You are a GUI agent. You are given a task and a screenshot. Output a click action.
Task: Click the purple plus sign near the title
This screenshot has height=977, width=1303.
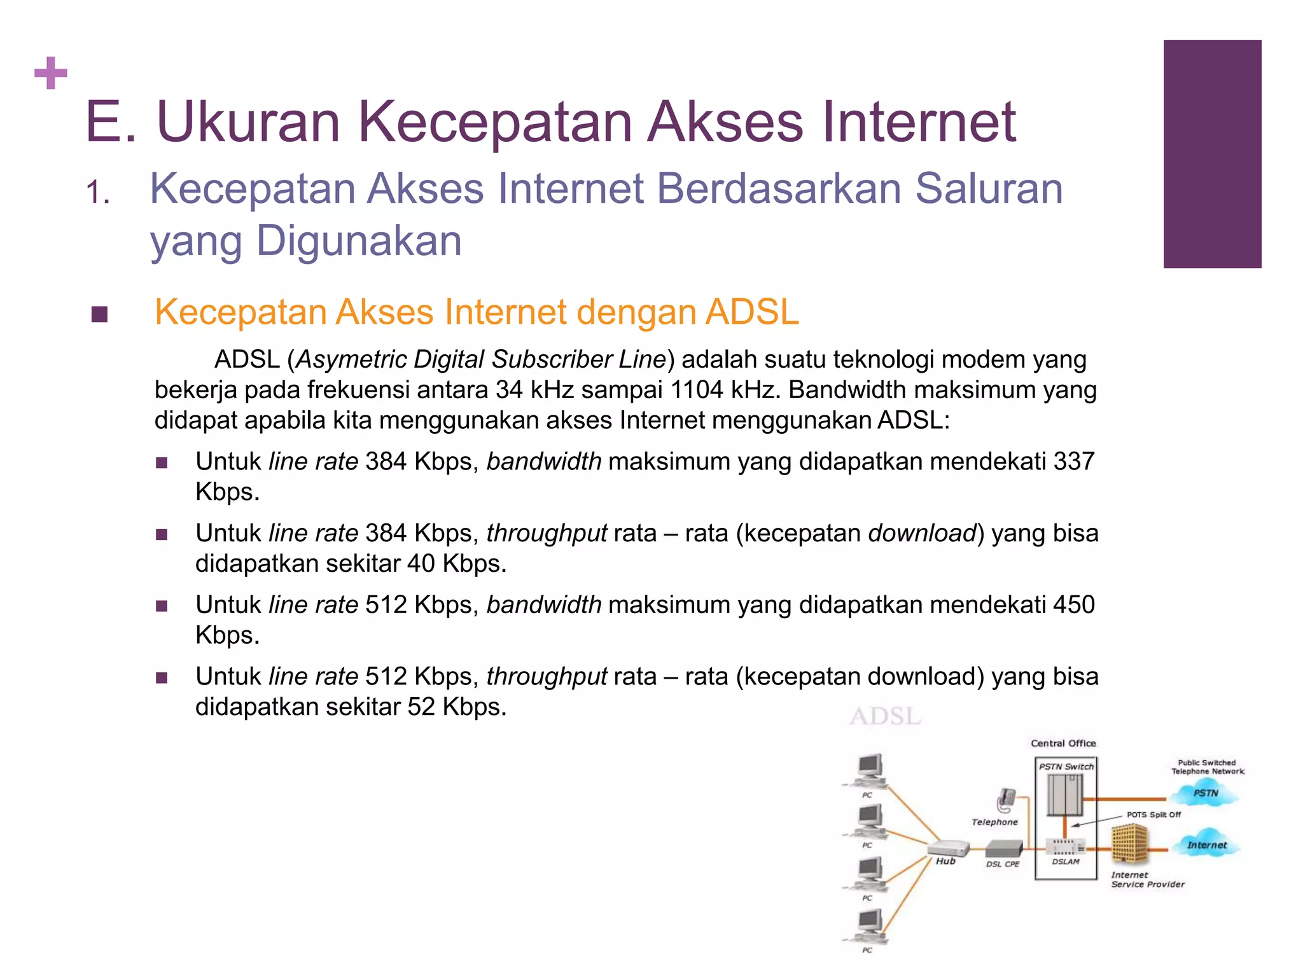pos(51,73)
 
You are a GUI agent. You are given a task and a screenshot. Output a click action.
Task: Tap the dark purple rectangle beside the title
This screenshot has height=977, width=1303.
pos(1212,154)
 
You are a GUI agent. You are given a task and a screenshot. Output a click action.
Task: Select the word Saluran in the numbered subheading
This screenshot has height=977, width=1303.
pos(989,189)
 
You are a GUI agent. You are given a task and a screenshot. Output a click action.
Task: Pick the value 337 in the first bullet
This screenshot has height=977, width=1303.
pos(1074,462)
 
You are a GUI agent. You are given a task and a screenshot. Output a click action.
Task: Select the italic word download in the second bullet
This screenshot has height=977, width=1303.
pos(922,534)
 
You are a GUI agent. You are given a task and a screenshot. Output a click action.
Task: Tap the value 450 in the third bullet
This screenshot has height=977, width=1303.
pos(1074,605)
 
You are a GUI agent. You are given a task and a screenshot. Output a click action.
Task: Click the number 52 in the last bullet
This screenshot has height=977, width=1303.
pos(421,707)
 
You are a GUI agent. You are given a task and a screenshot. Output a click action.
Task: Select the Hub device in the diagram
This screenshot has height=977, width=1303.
pos(948,849)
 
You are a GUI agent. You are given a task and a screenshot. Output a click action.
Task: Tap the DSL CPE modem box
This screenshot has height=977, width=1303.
pos(1003,849)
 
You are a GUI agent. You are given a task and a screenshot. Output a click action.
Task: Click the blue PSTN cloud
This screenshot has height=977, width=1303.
pos(1206,793)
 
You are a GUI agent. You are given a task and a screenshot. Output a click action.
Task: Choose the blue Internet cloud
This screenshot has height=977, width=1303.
pos(1206,845)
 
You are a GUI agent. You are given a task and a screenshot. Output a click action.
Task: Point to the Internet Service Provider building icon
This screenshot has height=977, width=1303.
pos(1130,843)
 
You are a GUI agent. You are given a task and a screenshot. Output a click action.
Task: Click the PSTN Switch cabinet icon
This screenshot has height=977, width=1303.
pos(1065,794)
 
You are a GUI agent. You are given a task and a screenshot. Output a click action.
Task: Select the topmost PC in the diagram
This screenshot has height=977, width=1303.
pos(869,770)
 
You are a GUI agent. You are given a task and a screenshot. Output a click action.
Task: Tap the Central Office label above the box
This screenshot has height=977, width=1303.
pos(1063,744)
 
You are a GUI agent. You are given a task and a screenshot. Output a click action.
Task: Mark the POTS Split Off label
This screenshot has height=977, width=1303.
pos(1153,815)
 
